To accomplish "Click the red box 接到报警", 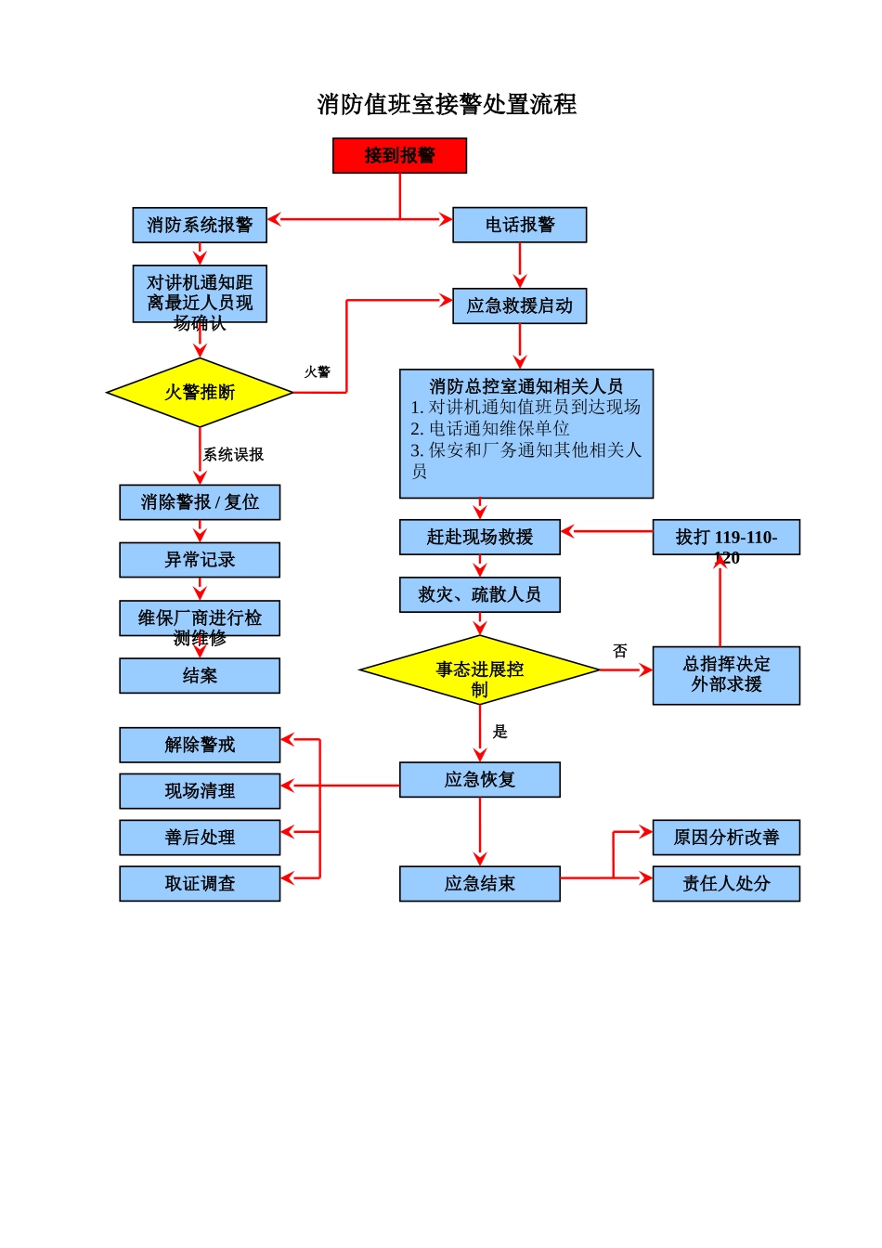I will (399, 155).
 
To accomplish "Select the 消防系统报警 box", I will (200, 225).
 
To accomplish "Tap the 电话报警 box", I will (519, 225).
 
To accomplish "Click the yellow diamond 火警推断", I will (200, 393).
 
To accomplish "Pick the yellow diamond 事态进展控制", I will (479, 670).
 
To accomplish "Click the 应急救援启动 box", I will (519, 305).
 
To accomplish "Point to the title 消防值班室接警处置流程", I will (447, 104).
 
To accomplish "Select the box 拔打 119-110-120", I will (725, 538).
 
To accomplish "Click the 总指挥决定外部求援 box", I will (725, 675).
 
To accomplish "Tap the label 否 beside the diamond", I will (620, 651).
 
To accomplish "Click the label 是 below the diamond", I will (499, 732).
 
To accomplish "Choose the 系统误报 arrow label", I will (233, 454).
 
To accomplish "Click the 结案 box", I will (200, 676).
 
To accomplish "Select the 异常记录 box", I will (200, 560).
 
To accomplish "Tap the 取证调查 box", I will (200, 884).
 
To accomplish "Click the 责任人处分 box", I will (725, 884).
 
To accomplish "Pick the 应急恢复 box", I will (479, 780).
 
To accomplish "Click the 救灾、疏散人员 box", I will (479, 595).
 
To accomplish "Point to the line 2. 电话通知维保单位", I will (490, 428).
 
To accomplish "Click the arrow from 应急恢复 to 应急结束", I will (479, 831).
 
